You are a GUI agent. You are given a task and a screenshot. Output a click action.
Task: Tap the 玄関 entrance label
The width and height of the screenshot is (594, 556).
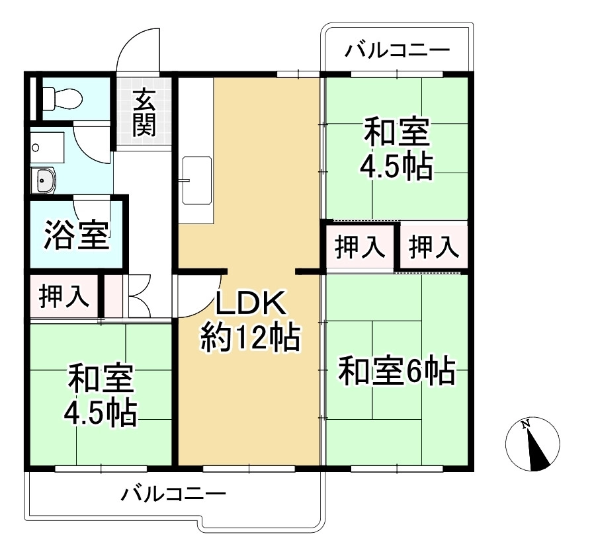(x=144, y=112)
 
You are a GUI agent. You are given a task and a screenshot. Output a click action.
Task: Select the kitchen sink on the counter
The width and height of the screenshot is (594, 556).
(x=196, y=180)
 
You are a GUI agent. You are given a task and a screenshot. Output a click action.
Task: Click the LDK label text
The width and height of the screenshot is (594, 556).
(x=250, y=303)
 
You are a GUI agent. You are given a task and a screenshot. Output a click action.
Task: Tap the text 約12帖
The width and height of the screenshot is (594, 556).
(x=250, y=338)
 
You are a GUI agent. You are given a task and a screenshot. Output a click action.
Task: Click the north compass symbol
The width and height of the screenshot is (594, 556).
(x=532, y=444)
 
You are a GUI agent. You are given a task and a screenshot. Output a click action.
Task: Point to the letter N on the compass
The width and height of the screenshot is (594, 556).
(x=525, y=425)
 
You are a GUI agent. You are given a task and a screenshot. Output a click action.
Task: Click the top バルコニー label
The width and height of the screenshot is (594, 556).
(x=398, y=50)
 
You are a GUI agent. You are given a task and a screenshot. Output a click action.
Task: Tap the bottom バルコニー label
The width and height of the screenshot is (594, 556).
(x=173, y=494)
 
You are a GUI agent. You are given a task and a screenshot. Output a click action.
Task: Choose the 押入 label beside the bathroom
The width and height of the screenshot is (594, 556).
(x=64, y=296)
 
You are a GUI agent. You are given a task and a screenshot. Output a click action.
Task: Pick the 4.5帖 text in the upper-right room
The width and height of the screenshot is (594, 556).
(x=396, y=167)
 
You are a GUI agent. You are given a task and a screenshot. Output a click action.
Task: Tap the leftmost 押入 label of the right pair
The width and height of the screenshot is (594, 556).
(x=360, y=247)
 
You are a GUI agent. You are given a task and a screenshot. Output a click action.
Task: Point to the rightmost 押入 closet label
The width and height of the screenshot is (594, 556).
(x=434, y=247)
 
